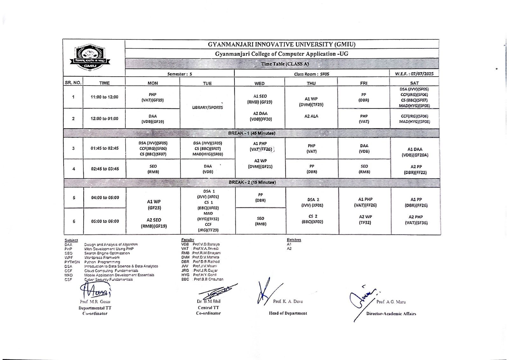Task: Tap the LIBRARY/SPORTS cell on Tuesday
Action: pyautogui.click(x=207, y=107)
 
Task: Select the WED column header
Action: pyautogui.click(x=259, y=83)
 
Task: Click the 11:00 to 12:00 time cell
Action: pyautogui.click(x=104, y=97)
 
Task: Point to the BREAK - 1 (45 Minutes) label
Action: pyautogui.click(x=252, y=133)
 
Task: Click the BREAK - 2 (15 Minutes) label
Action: pyautogui.click(x=252, y=183)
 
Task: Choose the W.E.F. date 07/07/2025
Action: pyautogui.click(x=414, y=74)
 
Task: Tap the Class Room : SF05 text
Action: pyautogui.click(x=311, y=74)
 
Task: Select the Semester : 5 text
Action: pyautogui.click(x=180, y=74)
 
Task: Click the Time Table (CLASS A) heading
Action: pyautogui.click(x=285, y=64)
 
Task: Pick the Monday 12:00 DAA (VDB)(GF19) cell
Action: pyautogui.click(x=153, y=119)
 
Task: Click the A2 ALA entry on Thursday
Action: pyautogui.click(x=311, y=116)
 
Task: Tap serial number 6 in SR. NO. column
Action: pyautogui.click(x=74, y=221)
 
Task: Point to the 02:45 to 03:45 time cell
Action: pyautogui.click(x=105, y=169)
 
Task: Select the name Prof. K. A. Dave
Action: pyautogui.click(x=288, y=301)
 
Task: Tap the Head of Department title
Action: pyautogui.click(x=288, y=313)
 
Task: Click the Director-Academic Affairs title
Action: pyautogui.click(x=391, y=314)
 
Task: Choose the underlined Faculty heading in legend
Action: pyautogui.click(x=188, y=240)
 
